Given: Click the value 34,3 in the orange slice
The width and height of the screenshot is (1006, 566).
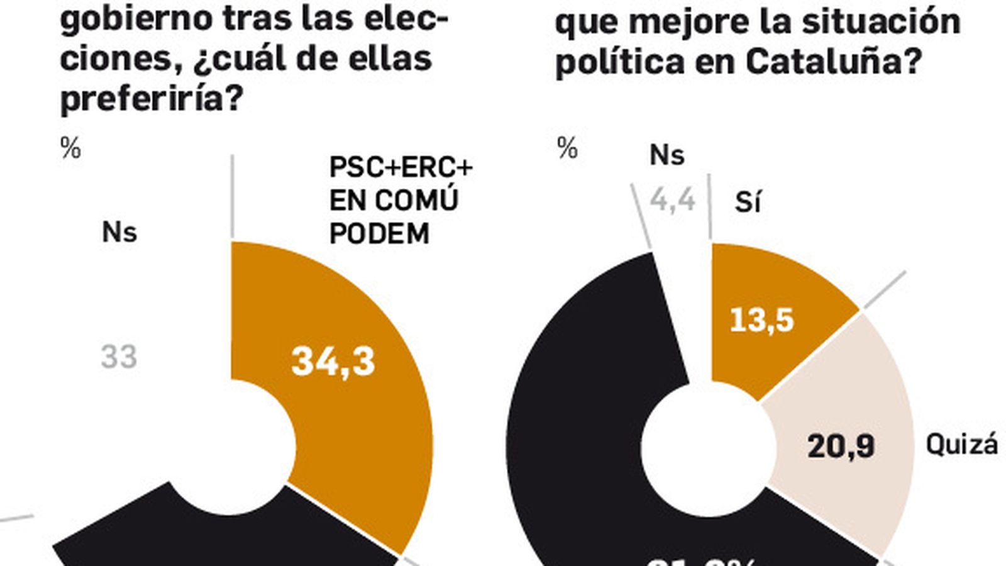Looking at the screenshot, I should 333,362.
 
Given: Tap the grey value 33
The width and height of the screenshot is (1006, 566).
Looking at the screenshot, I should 119,357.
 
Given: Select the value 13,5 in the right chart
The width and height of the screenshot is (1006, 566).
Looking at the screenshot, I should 762,320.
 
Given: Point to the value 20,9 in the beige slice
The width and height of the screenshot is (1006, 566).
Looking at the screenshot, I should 841,447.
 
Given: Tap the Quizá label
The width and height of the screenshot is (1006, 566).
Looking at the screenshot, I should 961,445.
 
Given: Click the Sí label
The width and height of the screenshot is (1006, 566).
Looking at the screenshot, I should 748,203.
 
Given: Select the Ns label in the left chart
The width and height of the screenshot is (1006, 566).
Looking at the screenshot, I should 119,233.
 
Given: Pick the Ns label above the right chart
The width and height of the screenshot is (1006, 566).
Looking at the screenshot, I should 666,155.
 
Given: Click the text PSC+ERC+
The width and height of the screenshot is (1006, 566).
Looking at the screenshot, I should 401,168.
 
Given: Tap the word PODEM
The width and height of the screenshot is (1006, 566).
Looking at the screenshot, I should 379,234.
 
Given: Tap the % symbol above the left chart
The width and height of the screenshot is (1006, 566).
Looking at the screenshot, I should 70,148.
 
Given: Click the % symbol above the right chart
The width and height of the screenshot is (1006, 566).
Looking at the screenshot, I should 567,149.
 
